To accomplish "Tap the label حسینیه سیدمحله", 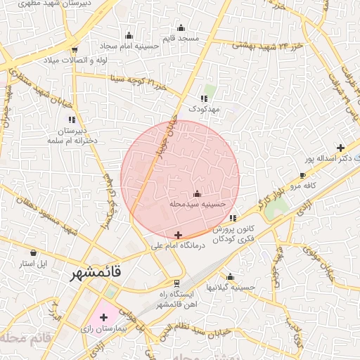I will tap(198, 204).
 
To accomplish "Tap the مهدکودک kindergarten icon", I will tap(204, 99).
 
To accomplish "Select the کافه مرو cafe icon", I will tap(302, 176).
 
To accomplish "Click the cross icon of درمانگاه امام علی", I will tap(178, 236).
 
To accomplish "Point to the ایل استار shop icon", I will tap(33, 252).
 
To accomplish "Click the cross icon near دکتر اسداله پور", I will tap(341, 148).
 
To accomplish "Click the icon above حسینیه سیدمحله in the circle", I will tap(197, 193).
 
